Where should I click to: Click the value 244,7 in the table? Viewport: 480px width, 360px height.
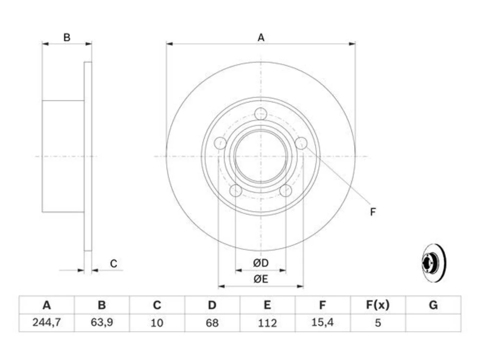(46, 322)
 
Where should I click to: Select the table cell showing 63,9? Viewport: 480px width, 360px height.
(102, 322)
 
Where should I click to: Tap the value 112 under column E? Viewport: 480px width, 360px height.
(267, 323)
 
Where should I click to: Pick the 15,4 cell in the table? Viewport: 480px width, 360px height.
(322, 322)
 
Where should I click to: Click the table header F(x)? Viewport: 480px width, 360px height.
(378, 305)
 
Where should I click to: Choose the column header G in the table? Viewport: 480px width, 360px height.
(433, 305)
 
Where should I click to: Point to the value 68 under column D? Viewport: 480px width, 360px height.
(212, 323)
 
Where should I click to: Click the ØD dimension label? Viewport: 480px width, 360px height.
(261, 263)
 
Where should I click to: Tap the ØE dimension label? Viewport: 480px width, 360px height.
(261, 279)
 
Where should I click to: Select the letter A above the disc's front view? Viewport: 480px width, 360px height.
(261, 37)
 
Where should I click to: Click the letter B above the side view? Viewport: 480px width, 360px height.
(67, 37)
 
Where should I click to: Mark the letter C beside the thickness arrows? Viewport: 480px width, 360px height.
(114, 264)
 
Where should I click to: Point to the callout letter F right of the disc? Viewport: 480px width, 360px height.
(373, 212)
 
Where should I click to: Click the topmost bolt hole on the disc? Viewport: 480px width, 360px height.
(261, 114)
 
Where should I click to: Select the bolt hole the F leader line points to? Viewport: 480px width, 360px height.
(301, 143)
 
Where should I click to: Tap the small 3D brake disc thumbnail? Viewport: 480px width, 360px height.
(434, 263)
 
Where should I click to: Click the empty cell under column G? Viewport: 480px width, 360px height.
(433, 322)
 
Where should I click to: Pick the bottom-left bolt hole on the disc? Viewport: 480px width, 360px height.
(236, 190)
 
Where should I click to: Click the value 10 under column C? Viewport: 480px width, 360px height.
(157, 323)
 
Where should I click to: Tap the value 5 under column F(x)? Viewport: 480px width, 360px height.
(378, 323)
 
